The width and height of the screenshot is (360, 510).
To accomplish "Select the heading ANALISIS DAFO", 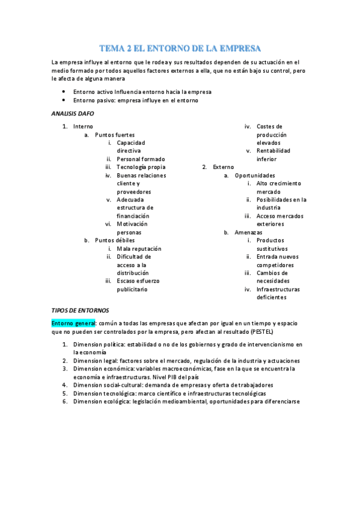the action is click(x=73, y=113).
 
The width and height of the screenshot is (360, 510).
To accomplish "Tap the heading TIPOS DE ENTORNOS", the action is click(x=80, y=310).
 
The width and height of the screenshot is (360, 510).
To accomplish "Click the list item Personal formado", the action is click(x=141, y=159).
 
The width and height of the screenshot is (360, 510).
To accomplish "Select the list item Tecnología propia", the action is click(x=141, y=167).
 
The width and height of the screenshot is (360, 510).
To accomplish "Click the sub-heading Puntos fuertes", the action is click(x=115, y=135).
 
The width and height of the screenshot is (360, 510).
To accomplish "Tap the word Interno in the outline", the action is click(x=83, y=126).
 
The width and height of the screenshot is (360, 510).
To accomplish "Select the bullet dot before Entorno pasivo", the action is click(x=63, y=100).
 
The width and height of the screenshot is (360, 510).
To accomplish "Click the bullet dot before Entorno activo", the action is click(x=63, y=92).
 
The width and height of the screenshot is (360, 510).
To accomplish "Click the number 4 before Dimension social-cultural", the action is click(x=64, y=385).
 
